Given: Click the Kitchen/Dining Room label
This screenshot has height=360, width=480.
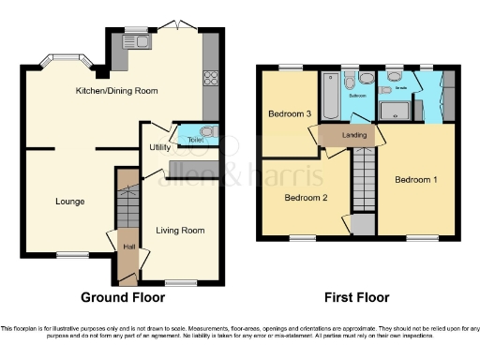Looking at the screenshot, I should click(116, 91).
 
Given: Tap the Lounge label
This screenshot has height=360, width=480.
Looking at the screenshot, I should click(69, 201).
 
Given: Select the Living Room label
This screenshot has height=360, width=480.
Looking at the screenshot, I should click(180, 230).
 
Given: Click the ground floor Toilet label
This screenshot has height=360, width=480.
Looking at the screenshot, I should click(195, 140).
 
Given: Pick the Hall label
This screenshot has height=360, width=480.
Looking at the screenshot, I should click(128, 247).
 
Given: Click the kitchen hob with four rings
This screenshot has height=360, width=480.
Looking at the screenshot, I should click(210, 80).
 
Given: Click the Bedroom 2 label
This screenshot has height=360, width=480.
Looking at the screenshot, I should click(305, 198).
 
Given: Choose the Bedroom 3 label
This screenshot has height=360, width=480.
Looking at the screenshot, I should click(289, 113).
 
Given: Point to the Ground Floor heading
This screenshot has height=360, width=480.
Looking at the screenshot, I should click(123, 297).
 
